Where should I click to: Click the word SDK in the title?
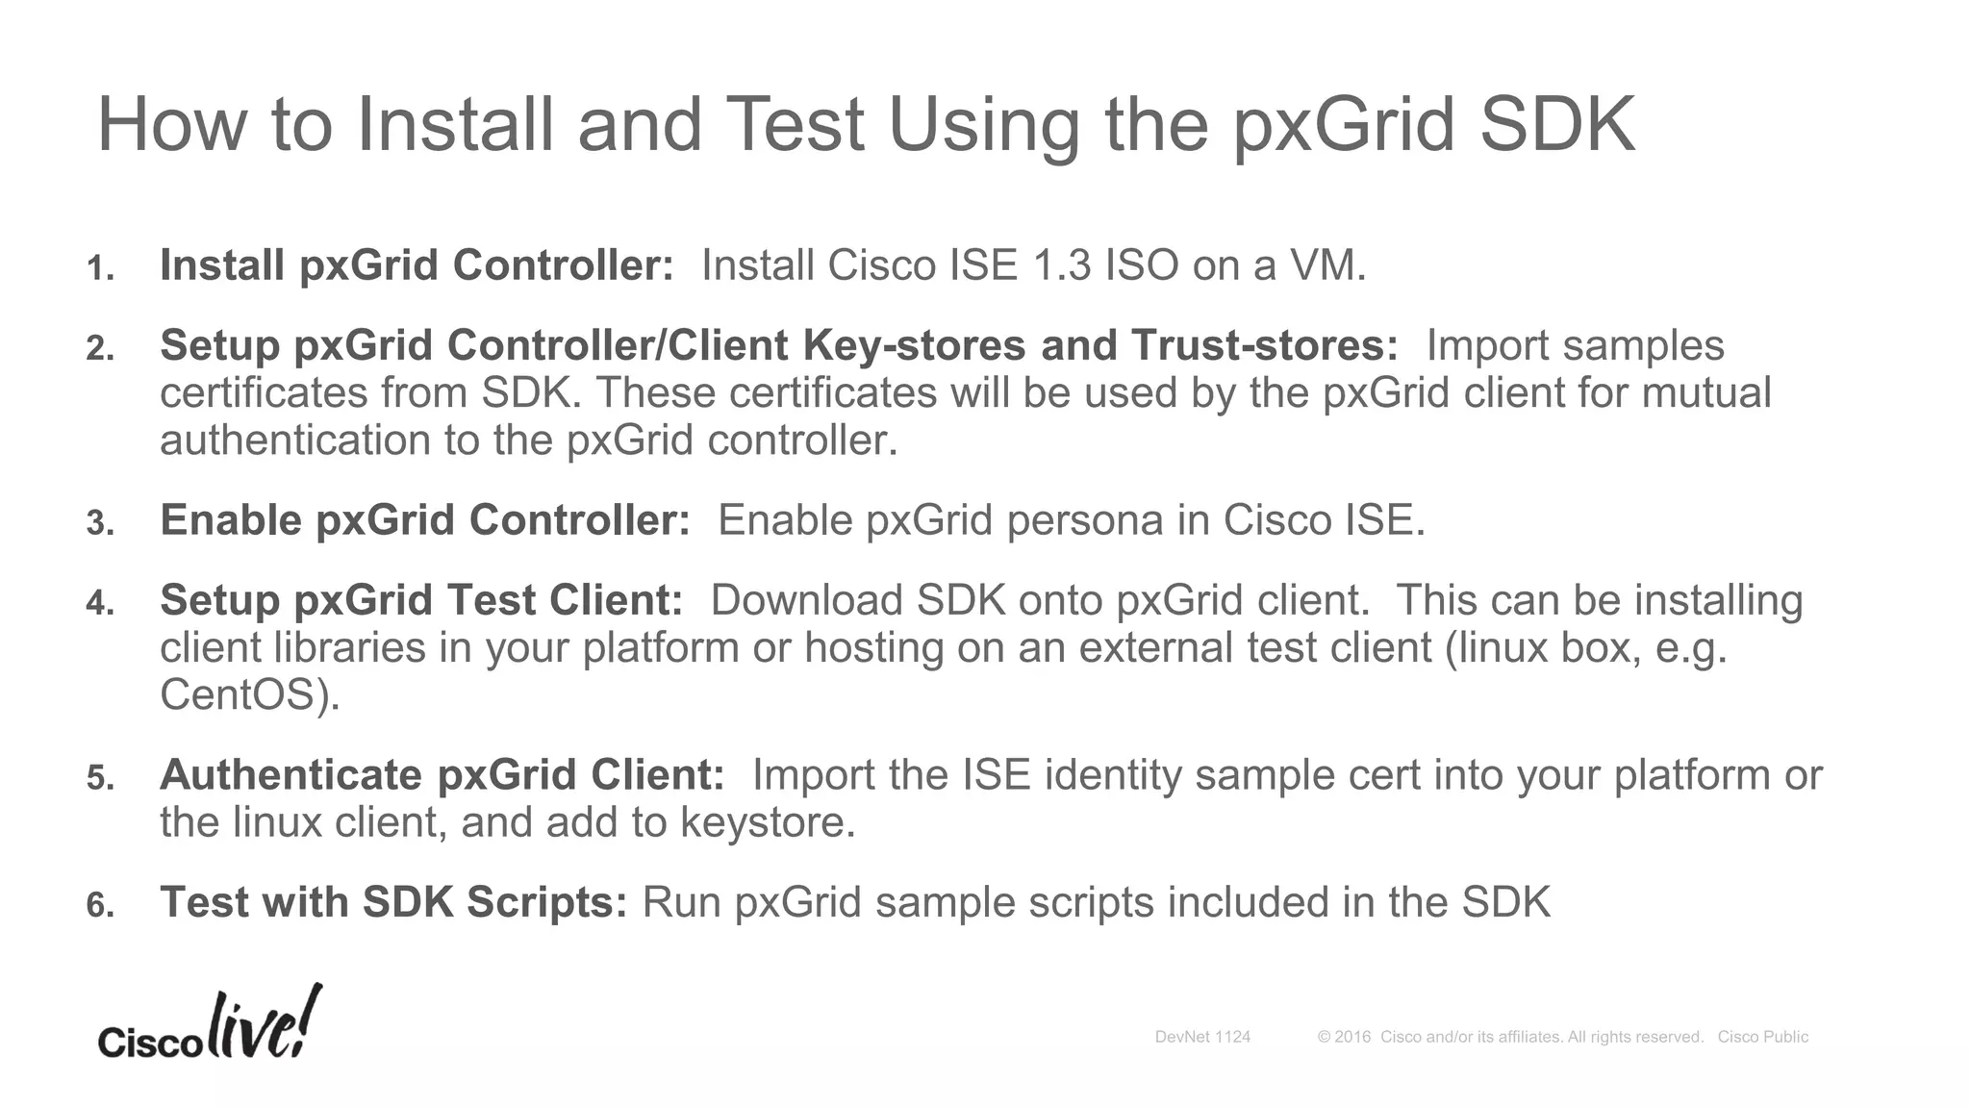[1556, 125]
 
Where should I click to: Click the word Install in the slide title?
[455, 125]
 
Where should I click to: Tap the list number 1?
[99, 268]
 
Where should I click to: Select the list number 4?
[99, 603]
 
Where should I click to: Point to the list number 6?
[99, 905]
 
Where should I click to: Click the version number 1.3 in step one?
[1061, 265]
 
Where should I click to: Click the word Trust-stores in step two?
[1264, 345]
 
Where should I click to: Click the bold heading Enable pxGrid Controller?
[424, 520]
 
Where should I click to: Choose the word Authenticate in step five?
[291, 775]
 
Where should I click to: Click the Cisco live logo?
[210, 1026]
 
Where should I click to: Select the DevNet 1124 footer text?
[1202, 1037]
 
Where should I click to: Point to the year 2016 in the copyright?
[1352, 1037]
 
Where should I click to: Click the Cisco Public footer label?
[1762, 1037]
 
